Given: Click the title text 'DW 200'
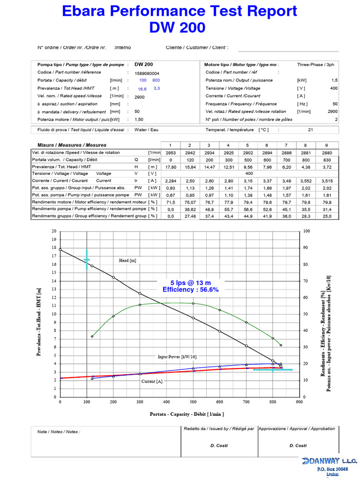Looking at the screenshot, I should click(177, 28).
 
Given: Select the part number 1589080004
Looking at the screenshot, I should click(147, 73).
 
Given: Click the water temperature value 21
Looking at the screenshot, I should click(310, 129).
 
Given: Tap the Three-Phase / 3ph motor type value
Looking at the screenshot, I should click(315, 65).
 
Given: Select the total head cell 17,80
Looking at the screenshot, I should click(170, 167).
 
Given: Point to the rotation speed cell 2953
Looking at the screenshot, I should click(170, 153).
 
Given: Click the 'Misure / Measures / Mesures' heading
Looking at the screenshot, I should click(72, 145).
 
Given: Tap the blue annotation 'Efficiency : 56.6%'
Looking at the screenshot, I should click(190, 290).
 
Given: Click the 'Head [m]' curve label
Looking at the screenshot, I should click(127, 260).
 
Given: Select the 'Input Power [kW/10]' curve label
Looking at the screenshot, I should click(177, 357).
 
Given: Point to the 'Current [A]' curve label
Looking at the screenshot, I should click(152, 382).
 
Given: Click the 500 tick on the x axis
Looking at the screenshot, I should click(193, 403).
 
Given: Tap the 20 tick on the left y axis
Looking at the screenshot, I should click(54, 231).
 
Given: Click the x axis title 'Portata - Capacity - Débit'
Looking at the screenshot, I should click(187, 414).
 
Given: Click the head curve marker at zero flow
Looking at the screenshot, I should click(60, 249).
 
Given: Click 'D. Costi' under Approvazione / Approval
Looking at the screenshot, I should click(298, 445).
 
